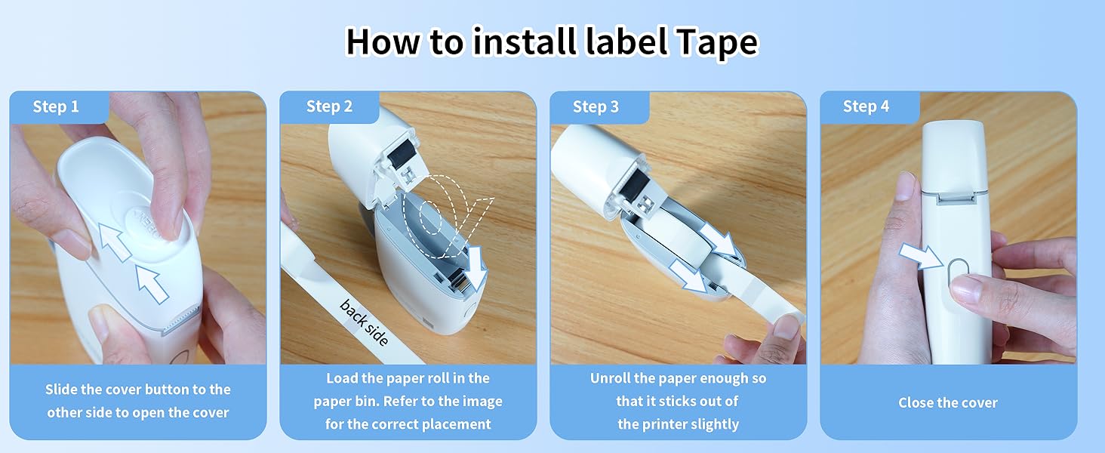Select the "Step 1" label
(56, 107)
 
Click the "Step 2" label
(329, 107)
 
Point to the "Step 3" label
(596, 107)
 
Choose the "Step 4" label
(866, 107)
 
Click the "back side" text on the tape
(364, 322)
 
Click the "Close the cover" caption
(948, 403)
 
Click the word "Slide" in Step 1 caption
(61, 390)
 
